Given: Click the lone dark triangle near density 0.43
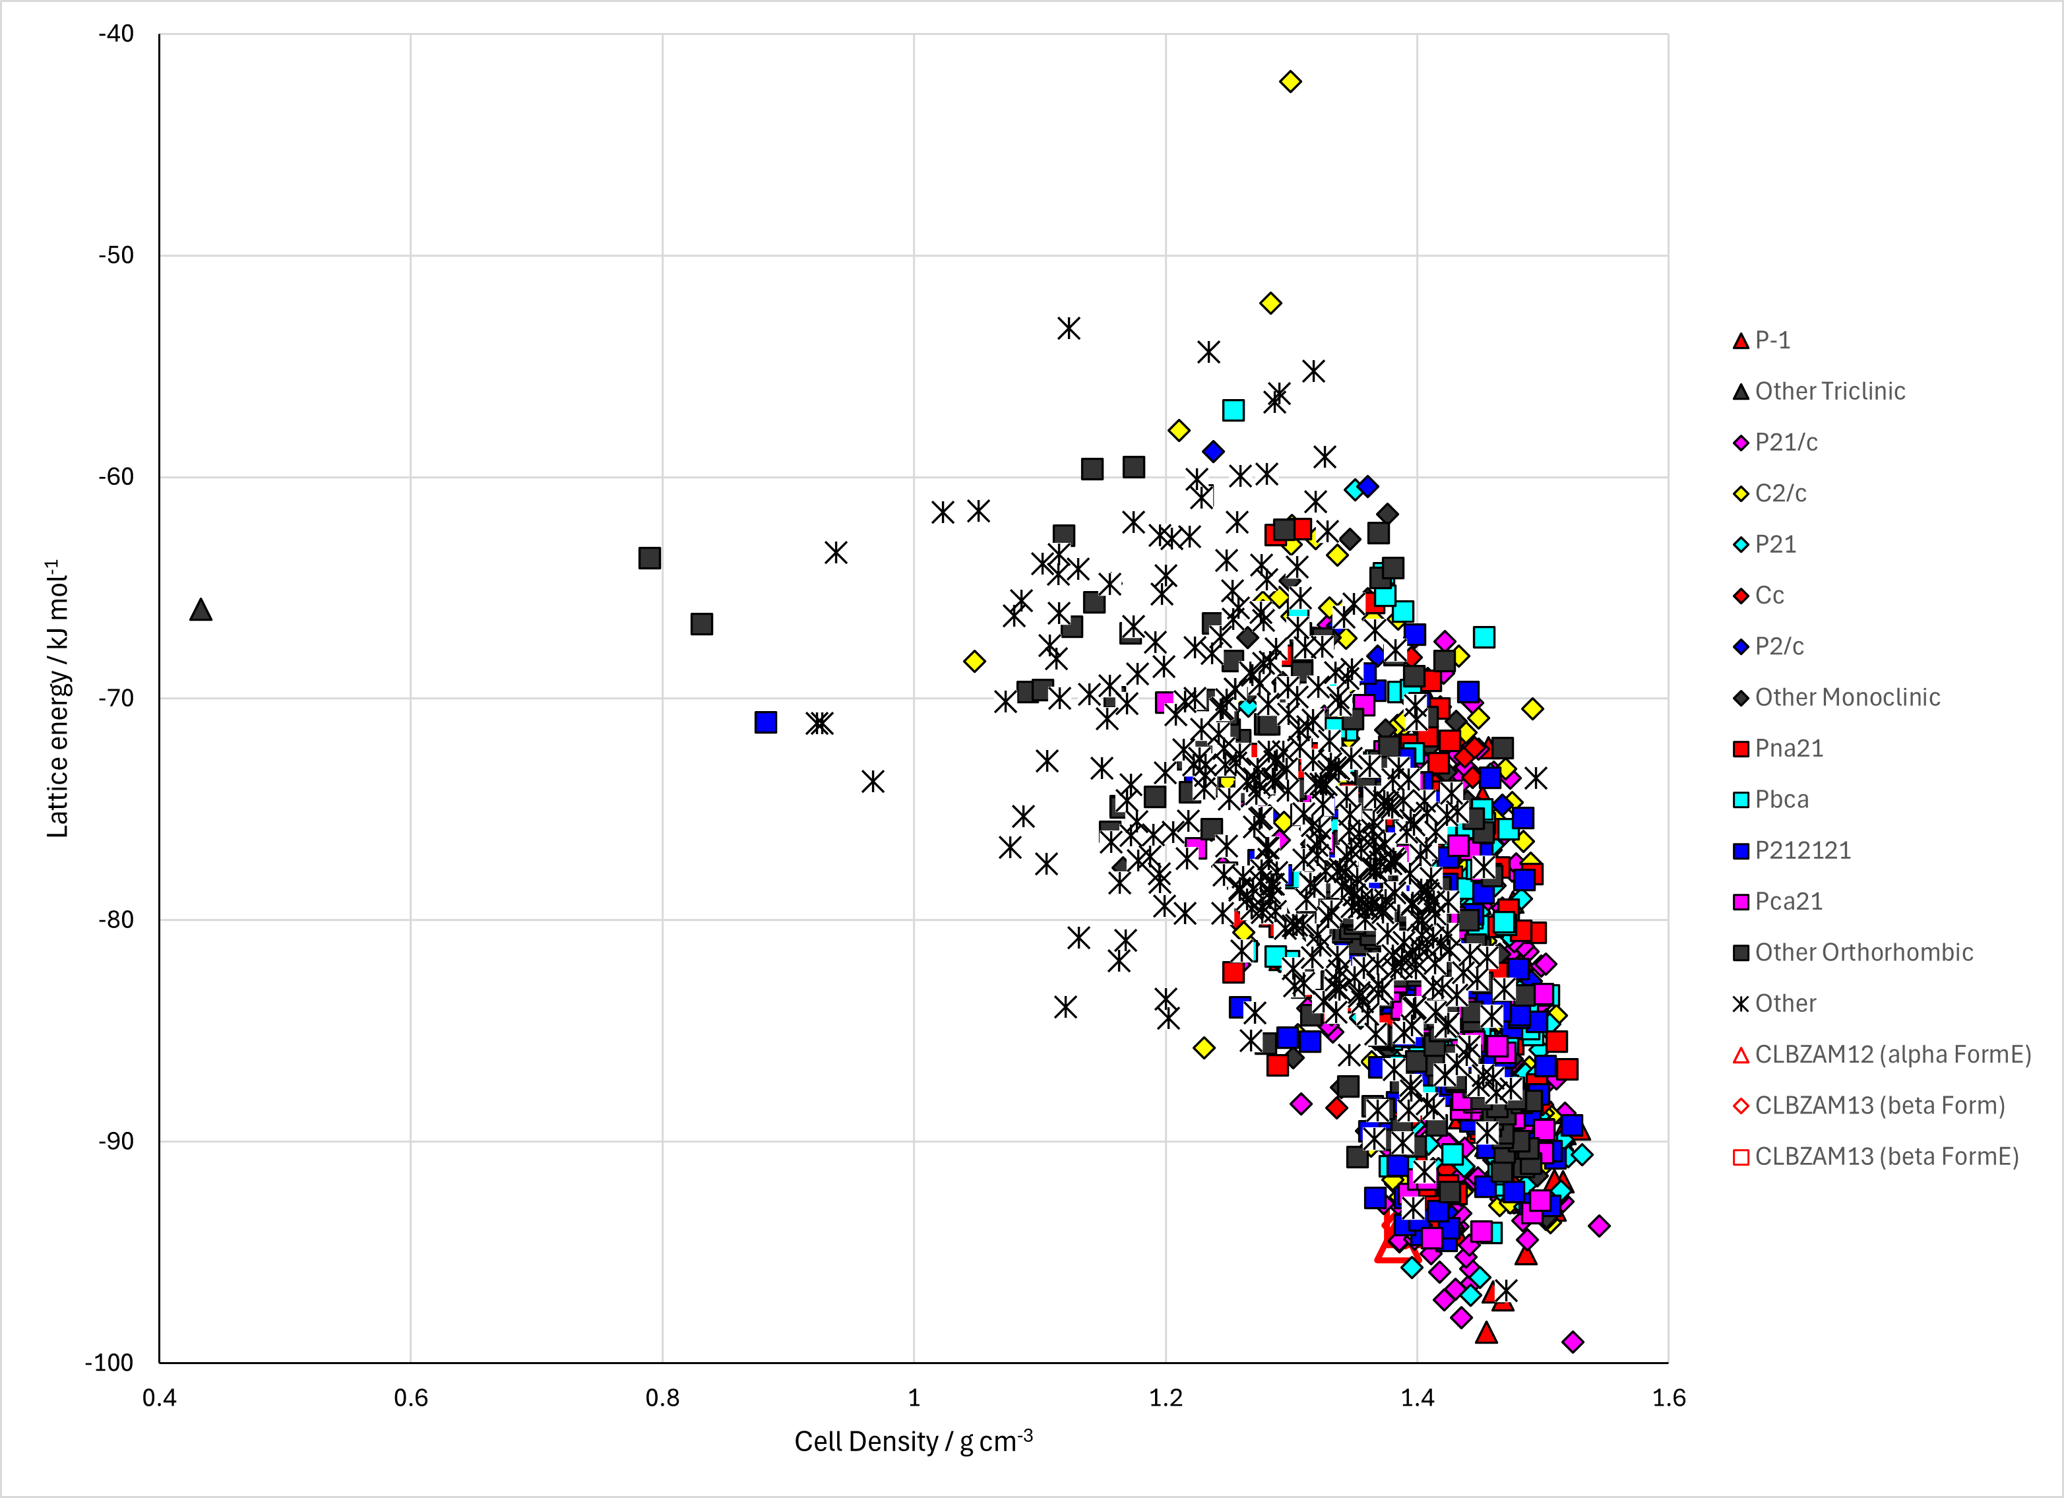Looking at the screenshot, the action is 201,609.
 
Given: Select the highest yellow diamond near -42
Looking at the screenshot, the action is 1290,82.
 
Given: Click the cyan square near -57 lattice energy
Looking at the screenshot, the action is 1233,410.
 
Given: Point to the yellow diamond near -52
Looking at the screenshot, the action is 1270,303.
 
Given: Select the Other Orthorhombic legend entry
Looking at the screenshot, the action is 1853,952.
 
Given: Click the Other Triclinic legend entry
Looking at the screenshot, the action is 1818,391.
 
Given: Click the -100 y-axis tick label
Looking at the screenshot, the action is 109,1362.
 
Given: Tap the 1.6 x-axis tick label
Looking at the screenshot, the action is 1669,1398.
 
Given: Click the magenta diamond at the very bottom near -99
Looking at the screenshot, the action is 1573,1342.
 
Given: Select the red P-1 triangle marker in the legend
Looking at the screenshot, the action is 1741,341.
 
